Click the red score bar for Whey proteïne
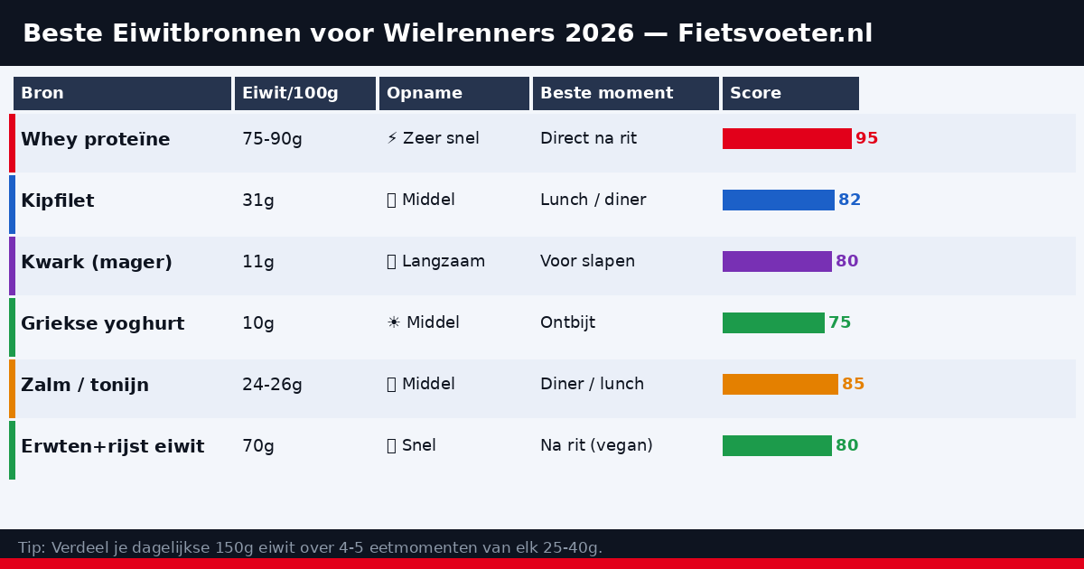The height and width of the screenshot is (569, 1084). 787,139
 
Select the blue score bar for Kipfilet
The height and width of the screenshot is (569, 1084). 778,201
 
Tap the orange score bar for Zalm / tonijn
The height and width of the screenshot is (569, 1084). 780,385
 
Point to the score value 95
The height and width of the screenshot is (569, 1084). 866,139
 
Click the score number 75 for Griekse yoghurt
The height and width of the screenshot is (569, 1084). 839,323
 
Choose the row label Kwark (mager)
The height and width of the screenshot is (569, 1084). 97,263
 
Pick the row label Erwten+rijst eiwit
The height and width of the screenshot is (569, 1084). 112,447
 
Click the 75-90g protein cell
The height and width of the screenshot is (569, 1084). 272,139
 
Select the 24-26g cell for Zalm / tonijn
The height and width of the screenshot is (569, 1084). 272,385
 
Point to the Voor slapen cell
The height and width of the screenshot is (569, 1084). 587,262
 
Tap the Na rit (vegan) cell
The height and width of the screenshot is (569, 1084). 596,446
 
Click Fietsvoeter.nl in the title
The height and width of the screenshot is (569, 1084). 775,34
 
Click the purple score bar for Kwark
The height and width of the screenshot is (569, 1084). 777,262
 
